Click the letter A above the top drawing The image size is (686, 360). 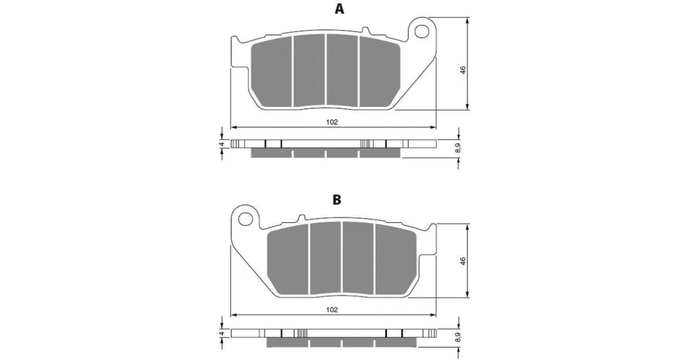(339, 9)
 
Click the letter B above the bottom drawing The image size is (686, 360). (337, 200)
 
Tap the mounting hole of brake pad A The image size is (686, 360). (422, 30)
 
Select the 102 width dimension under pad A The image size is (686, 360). (332, 122)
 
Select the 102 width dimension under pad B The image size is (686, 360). (332, 310)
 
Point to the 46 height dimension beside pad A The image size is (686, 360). (463, 70)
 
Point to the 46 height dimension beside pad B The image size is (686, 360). (463, 261)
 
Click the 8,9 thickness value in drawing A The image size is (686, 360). (458, 149)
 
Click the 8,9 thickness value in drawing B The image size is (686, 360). (458, 337)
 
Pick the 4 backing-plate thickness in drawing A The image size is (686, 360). (222, 144)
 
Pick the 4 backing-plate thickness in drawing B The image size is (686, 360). (222, 333)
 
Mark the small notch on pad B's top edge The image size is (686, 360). (301, 217)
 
